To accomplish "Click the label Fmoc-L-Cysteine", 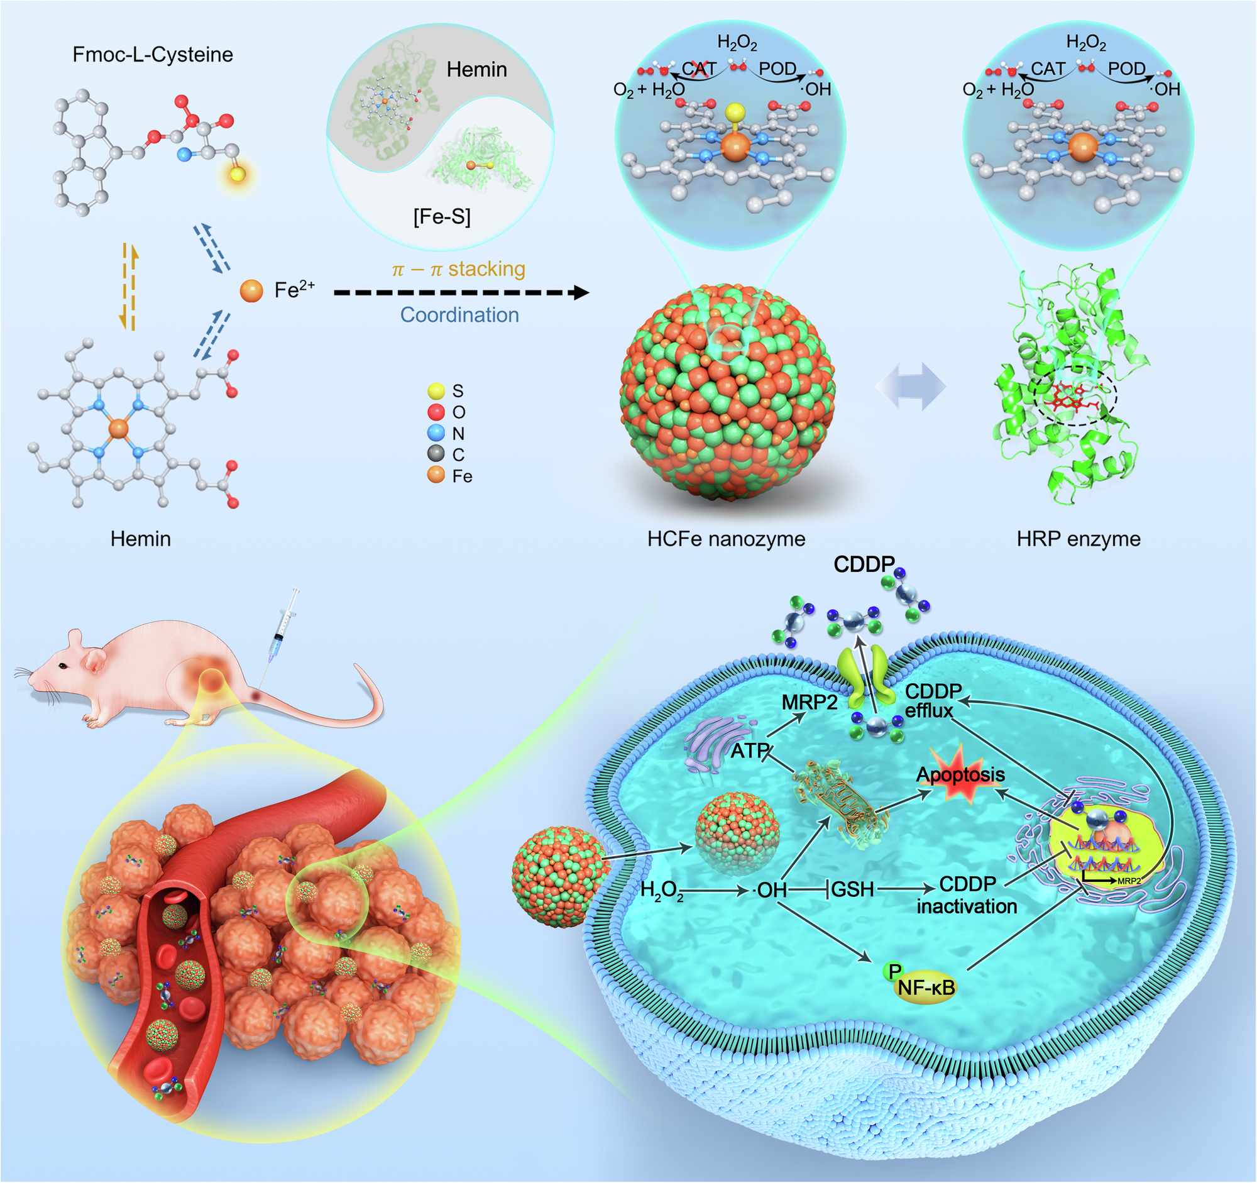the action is pos(153,55).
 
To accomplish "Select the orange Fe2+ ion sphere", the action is pos(251,291).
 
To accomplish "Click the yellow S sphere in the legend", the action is pos(436,391).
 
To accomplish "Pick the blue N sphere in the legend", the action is pos(436,433).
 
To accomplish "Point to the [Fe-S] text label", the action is pos(442,217).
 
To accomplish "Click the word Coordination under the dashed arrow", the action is pos(459,315).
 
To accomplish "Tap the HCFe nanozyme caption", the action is pos(727,539).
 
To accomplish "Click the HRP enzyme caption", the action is pos(1079,539).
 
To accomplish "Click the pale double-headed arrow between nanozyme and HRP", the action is pos(911,387).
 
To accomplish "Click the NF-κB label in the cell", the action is pos(926,987).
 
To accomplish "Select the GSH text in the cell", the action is pos(852,889).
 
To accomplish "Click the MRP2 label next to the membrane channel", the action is pos(810,703).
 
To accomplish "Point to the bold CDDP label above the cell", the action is pos(864,564).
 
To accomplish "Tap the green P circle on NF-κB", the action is pos(894,971).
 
